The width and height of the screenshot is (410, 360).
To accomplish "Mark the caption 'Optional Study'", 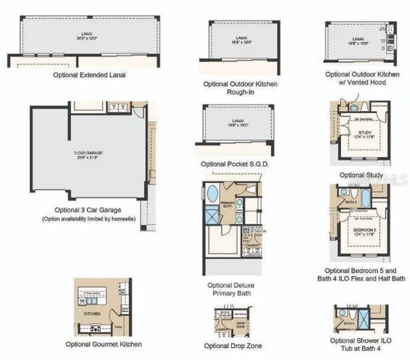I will click(x=361, y=175).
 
